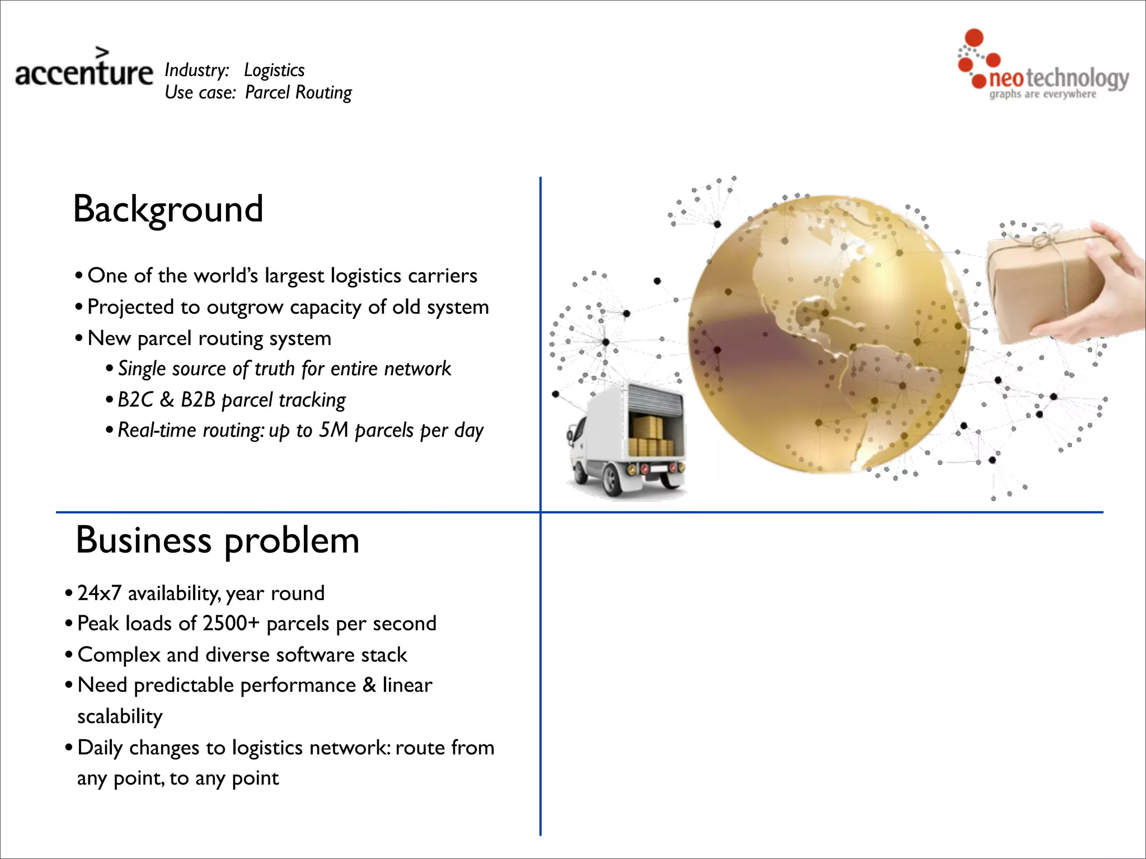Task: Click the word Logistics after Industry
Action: pos(274,70)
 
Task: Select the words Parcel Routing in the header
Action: pos(298,92)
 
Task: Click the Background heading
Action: pos(168,209)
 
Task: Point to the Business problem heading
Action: pos(217,541)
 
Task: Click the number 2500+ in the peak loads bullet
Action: pos(231,624)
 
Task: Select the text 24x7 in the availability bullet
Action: pos(99,593)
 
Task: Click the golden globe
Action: pos(828,334)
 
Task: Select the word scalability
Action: pos(120,716)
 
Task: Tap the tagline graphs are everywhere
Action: pos(1042,94)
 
